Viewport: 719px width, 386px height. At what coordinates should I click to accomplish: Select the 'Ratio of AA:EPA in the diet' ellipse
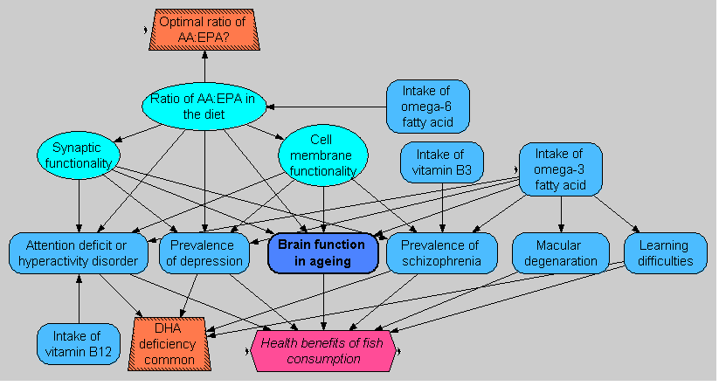(x=204, y=106)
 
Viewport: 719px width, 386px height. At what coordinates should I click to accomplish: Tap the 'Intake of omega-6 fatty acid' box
(x=428, y=107)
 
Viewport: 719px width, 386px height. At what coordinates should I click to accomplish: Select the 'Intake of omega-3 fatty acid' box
(x=560, y=169)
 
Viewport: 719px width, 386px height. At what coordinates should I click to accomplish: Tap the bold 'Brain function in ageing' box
(x=323, y=252)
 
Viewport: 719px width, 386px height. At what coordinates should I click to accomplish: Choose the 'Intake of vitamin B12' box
(x=79, y=343)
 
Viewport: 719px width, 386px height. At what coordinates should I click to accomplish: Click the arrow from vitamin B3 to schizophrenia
(x=443, y=208)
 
